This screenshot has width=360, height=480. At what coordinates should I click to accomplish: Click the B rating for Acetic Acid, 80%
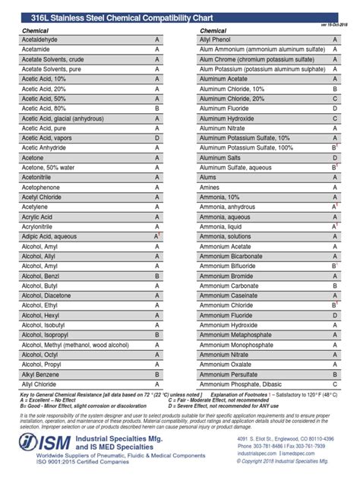click(x=156, y=108)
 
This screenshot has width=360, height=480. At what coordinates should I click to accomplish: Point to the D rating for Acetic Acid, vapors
click(x=156, y=137)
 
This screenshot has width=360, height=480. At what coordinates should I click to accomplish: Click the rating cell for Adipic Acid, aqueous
click(x=157, y=237)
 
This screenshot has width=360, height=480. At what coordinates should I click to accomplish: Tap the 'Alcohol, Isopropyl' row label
click(x=48, y=334)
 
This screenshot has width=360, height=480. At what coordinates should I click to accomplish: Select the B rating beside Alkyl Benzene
click(x=156, y=374)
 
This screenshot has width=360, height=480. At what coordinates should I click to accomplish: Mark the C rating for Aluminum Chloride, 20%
click(x=334, y=98)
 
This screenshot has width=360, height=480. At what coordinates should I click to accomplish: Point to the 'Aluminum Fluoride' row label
click(x=226, y=108)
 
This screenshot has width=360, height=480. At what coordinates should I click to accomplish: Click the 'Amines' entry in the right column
click(x=210, y=187)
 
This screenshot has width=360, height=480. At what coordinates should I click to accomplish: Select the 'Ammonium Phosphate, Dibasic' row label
click(x=241, y=384)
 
